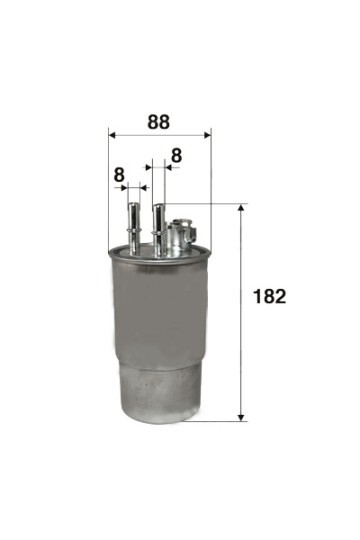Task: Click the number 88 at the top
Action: pyautogui.click(x=158, y=122)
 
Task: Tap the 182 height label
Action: pyautogui.click(x=269, y=296)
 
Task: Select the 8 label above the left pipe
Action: pyautogui.click(x=119, y=175)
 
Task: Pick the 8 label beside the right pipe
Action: pyautogui.click(x=176, y=156)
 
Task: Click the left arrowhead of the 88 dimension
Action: pyautogui.click(x=112, y=135)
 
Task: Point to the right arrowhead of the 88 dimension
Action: pyautogui.click(x=207, y=135)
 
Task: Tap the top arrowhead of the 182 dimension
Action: pyautogui.click(x=241, y=207)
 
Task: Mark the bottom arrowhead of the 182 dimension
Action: pyautogui.click(x=241, y=417)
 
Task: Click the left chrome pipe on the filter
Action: pyautogui.click(x=133, y=228)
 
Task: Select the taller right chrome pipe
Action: pyautogui.click(x=159, y=230)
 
